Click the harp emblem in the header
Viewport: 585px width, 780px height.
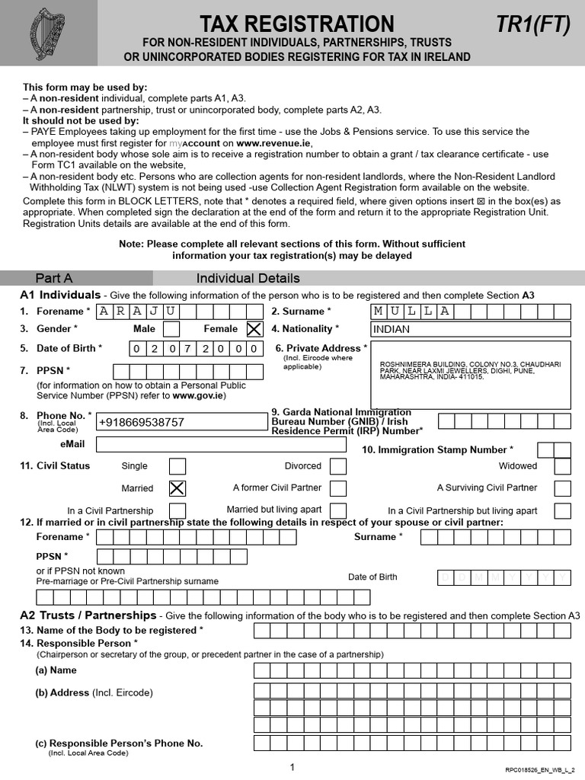coord(47,34)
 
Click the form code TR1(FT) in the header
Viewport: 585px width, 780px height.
coord(532,25)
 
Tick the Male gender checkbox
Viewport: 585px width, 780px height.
coord(172,329)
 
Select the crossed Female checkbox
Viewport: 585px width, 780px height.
coord(254,329)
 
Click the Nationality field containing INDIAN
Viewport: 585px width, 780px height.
coord(470,329)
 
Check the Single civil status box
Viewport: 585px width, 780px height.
coord(177,466)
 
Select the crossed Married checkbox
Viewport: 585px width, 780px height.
coord(177,488)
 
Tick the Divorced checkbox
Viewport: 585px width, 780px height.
coord(338,466)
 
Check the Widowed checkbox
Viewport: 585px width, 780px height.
coord(562,466)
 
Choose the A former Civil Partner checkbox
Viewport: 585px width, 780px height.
coord(338,488)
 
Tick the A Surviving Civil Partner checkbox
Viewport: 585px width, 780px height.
coord(562,488)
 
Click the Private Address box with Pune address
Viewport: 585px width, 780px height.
coord(470,374)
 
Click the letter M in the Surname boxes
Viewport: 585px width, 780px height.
coord(379,311)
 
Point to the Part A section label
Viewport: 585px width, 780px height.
coord(54,278)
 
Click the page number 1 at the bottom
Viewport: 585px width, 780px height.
coord(292,768)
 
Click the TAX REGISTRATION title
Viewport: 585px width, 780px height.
coord(297,24)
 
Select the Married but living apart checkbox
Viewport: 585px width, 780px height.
coord(338,510)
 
